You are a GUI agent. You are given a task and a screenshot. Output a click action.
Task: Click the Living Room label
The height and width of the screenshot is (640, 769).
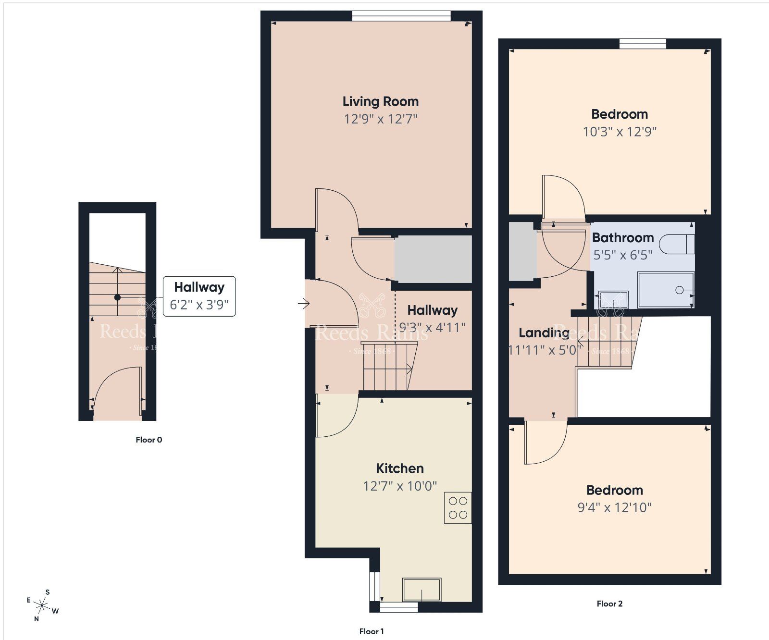click(380, 101)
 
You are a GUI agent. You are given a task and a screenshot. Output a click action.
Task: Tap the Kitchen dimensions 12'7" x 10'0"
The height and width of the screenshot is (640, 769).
click(399, 486)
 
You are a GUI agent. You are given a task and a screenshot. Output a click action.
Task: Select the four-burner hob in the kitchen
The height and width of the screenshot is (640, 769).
click(458, 508)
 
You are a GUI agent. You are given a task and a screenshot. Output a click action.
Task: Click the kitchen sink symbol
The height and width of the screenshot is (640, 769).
click(422, 590)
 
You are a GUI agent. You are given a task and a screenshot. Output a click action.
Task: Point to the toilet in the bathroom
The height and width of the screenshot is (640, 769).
click(677, 244)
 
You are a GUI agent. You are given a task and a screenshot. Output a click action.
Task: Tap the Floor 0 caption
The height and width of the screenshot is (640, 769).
click(149, 440)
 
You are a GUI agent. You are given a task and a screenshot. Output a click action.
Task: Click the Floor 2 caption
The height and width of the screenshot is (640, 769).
click(609, 604)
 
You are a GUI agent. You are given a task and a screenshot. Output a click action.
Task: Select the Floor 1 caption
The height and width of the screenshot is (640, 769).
click(372, 631)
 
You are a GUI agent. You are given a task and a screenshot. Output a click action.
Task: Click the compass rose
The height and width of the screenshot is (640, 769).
click(43, 605)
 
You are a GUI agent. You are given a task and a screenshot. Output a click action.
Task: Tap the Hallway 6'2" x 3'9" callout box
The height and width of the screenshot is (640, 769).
click(199, 296)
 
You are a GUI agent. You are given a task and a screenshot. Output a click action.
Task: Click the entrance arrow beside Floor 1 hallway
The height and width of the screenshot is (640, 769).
click(303, 304)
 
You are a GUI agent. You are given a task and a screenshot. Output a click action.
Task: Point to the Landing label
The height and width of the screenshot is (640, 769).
click(544, 332)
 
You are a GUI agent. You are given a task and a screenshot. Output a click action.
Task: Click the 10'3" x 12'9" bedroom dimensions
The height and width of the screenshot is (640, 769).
click(620, 132)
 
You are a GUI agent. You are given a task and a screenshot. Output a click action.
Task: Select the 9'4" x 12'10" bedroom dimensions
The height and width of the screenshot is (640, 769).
click(614, 507)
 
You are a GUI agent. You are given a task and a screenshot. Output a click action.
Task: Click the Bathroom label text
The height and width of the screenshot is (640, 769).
click(622, 238)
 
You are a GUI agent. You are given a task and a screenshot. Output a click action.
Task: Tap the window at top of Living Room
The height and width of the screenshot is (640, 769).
click(401, 16)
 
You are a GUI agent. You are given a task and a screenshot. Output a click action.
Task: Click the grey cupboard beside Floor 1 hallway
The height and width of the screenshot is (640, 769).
click(433, 259)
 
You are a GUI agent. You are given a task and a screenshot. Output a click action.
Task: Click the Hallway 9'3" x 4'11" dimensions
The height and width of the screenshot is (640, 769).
click(432, 328)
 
